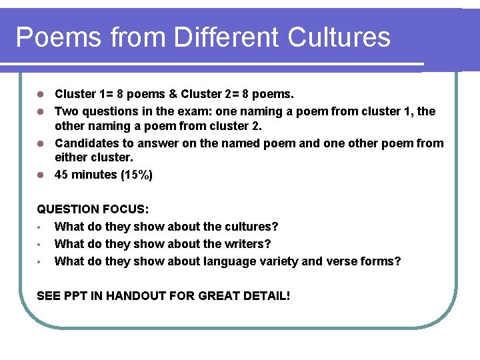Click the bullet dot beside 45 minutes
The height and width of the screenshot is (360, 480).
click(x=40, y=175)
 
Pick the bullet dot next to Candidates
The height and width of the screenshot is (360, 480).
click(x=40, y=143)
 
